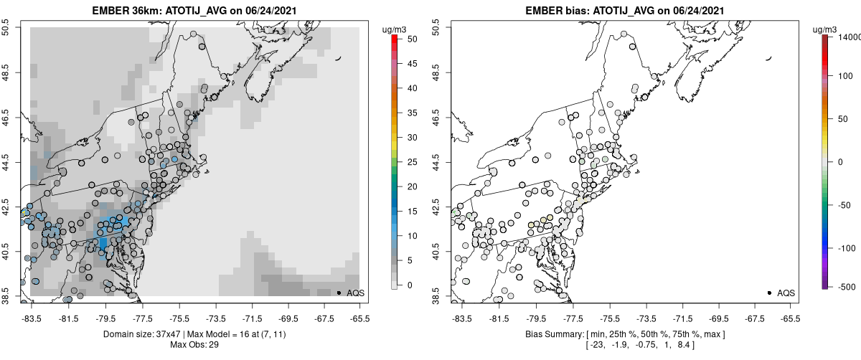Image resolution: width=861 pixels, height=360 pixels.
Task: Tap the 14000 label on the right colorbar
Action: [849, 37]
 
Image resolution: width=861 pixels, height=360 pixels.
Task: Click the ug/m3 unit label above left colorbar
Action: [395, 29]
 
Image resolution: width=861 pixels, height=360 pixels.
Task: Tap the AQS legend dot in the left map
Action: [339, 293]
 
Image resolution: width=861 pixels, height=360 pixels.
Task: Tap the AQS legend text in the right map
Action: [786, 293]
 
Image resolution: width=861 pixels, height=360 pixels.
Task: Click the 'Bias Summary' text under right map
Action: [553, 334]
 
